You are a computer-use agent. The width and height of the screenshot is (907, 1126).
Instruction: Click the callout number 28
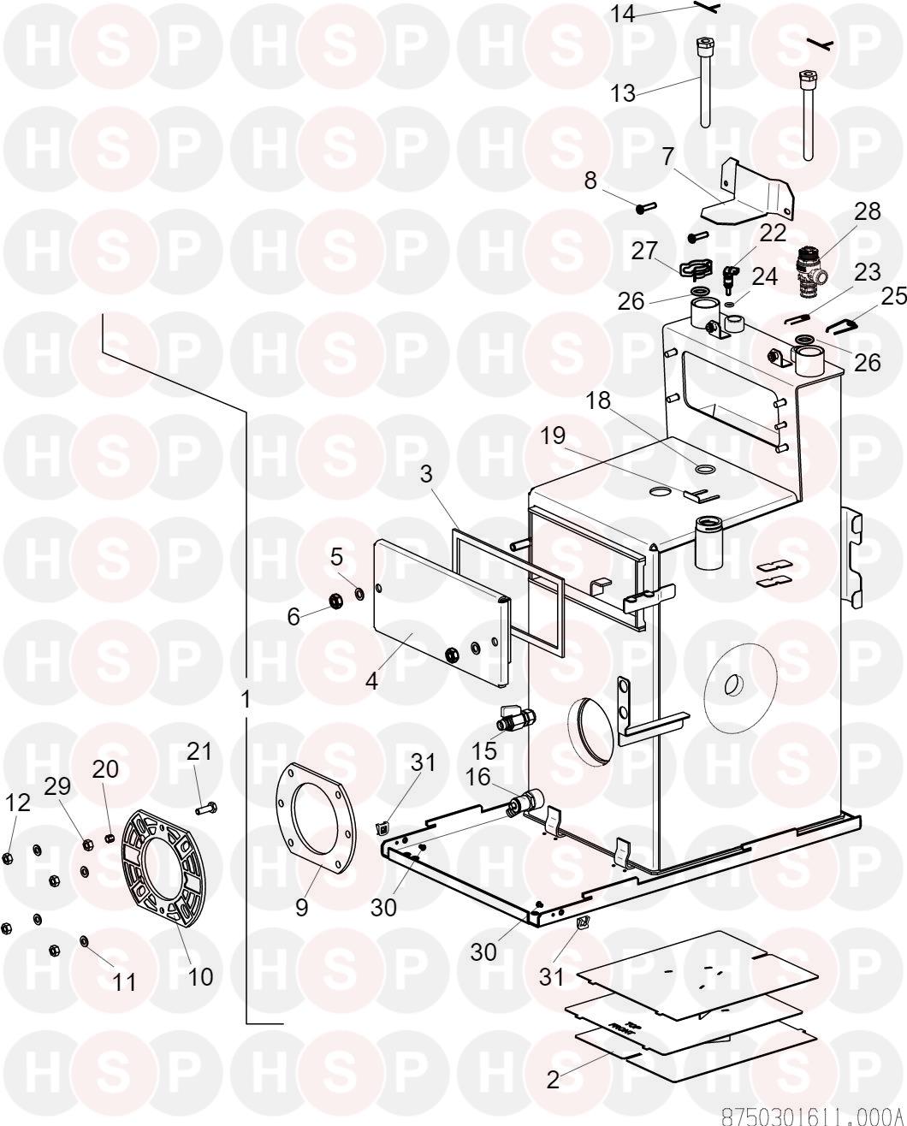coord(867,211)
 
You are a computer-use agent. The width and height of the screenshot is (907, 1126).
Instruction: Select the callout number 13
coord(623,92)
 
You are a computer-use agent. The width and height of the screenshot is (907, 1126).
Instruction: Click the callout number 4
coord(371,682)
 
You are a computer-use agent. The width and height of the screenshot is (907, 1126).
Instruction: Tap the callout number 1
coord(246,699)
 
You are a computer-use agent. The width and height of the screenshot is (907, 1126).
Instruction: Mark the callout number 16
coord(477,777)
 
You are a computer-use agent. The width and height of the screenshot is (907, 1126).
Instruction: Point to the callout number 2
coord(554,1080)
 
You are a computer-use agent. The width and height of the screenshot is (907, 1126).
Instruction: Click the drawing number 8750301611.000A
coord(813,1116)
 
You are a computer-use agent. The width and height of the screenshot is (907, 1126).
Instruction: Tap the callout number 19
coord(553,436)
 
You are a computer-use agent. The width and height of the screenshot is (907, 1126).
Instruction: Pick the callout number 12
coord(18,802)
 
